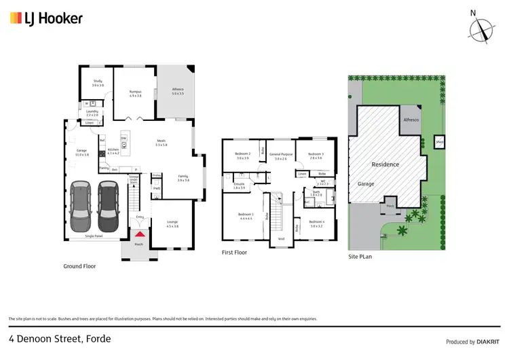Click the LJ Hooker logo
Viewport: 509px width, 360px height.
tap(46, 18)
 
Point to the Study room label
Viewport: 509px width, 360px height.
tap(98, 83)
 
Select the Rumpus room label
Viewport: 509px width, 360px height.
tap(135, 93)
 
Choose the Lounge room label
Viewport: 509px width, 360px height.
tap(172, 224)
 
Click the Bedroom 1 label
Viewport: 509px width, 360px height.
tap(246, 216)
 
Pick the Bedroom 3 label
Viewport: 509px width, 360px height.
tap(315, 156)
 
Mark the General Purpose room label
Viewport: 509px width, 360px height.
tap(281, 156)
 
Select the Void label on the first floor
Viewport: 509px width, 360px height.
tap(280, 239)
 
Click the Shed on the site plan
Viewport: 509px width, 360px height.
tap(439, 142)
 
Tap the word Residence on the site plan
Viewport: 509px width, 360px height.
tap(385, 164)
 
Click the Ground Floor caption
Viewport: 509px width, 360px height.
tap(79, 266)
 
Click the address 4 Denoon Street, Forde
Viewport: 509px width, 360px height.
tap(60, 338)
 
